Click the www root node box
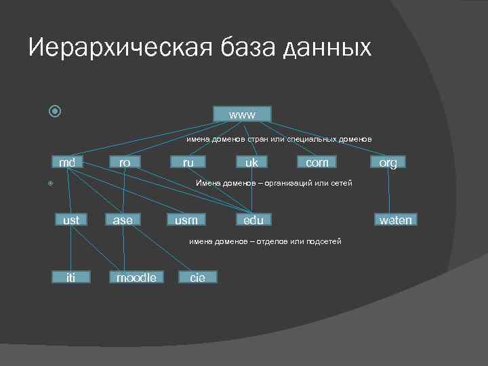pos(242,115)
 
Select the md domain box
pos(67,163)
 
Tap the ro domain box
pos(125,163)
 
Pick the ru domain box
pos(188,163)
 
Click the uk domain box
pos(251,163)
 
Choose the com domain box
pos(317,163)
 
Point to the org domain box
pos(388,163)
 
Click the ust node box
pos(70,220)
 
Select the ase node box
pos(123,220)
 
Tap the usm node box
pos(186,220)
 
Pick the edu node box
pos(253,220)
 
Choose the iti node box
pos(71,277)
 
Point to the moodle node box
pos(136,277)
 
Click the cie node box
pos(197,277)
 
